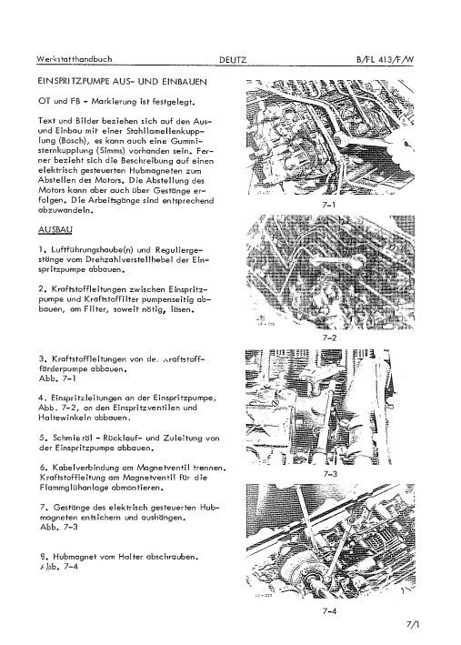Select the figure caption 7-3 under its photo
click(x=328, y=474)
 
